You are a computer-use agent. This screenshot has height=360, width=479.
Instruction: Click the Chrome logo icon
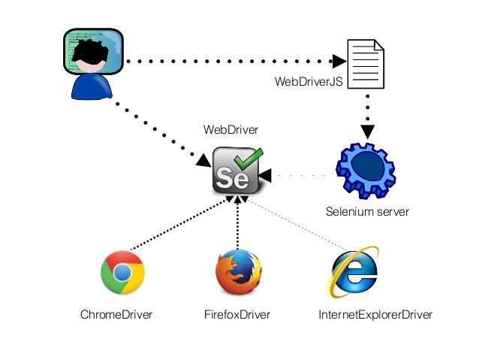click(x=122, y=272)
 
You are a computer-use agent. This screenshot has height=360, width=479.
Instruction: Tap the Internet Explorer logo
click(x=354, y=272)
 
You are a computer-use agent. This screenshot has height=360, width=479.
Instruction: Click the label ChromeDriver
click(x=116, y=315)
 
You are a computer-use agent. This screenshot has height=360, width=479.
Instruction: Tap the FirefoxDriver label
click(x=236, y=315)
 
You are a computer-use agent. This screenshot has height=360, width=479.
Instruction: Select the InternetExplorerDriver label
click(x=375, y=315)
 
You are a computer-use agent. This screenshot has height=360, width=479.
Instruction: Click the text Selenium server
click(x=367, y=212)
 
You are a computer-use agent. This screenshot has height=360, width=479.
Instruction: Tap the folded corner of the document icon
click(x=378, y=45)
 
